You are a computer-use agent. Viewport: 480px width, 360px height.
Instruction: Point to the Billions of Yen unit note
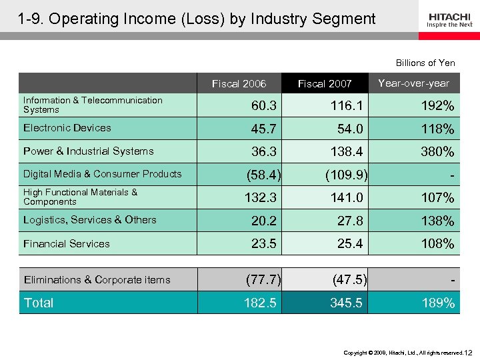pyautogui.click(x=425, y=63)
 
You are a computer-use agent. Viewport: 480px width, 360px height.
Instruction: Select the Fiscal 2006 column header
pyautogui.click(x=239, y=83)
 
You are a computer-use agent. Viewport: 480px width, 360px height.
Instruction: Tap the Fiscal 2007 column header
pyautogui.click(x=325, y=83)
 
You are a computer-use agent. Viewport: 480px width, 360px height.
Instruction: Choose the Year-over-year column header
pyautogui.click(x=413, y=83)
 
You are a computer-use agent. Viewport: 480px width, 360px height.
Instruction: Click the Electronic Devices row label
pyautogui.click(x=67, y=128)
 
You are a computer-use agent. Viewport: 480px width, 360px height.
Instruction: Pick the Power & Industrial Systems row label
pyautogui.click(x=88, y=151)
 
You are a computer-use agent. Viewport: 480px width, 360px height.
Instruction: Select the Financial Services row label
pyautogui.click(x=67, y=244)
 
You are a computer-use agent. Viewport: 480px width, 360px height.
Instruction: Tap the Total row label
pyautogui.click(x=39, y=303)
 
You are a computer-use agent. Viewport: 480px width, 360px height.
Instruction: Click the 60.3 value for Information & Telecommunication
pyautogui.click(x=265, y=106)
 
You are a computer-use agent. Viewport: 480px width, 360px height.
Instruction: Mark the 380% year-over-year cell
pyautogui.click(x=437, y=152)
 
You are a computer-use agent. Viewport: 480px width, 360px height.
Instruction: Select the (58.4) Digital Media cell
pyautogui.click(x=263, y=175)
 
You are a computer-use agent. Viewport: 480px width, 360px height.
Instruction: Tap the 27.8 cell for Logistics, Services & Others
pyautogui.click(x=350, y=221)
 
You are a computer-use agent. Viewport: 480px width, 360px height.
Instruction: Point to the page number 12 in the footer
pyautogui.click(x=469, y=351)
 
